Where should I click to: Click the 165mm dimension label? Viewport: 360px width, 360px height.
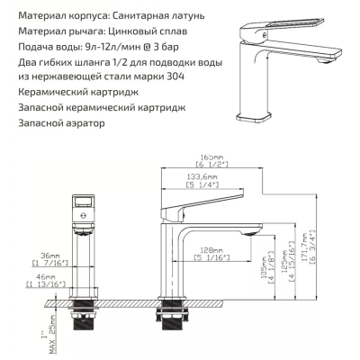[x=211, y=157]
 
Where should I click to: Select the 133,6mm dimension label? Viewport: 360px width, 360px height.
[x=202, y=177]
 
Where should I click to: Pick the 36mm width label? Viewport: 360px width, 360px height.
[x=50, y=256]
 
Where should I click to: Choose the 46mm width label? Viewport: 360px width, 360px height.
[x=46, y=276]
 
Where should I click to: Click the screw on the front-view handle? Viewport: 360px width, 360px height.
[x=84, y=215]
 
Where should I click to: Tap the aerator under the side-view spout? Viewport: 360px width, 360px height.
[x=252, y=234]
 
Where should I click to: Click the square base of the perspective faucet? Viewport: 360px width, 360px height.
[x=254, y=118]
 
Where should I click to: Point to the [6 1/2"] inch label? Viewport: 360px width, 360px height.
[x=211, y=164]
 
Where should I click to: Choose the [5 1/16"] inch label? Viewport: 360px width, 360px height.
[x=211, y=257]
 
